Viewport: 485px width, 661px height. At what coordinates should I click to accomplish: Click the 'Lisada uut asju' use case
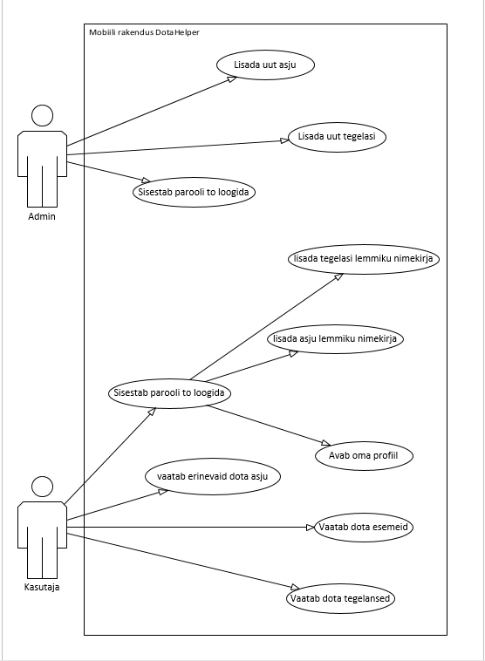click(265, 65)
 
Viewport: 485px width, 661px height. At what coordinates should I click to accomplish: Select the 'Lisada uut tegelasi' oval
click(337, 137)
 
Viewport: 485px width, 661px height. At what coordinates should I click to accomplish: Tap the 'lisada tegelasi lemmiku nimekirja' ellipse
click(364, 259)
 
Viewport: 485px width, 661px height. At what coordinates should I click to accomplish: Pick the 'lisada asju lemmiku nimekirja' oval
click(335, 339)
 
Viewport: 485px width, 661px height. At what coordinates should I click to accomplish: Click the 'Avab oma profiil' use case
click(364, 456)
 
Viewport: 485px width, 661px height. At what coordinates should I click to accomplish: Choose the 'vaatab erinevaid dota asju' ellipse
click(213, 477)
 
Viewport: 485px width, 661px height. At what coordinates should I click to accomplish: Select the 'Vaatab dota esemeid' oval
click(364, 527)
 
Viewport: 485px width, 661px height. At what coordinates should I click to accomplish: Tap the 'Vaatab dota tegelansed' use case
click(340, 598)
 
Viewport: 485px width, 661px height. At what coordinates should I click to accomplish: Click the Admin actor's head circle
click(42, 115)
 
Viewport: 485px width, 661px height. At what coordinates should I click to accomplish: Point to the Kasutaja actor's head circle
click(42, 487)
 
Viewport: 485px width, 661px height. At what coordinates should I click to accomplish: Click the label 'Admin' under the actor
click(42, 216)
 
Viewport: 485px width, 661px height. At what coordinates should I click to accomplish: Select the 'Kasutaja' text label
click(42, 587)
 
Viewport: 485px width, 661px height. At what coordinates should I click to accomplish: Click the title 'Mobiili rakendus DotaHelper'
click(144, 32)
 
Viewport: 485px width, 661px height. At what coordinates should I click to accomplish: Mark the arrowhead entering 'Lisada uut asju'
click(232, 78)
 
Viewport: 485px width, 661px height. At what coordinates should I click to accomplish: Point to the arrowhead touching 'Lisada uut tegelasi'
click(284, 140)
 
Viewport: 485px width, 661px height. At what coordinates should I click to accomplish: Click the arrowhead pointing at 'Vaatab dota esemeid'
click(311, 527)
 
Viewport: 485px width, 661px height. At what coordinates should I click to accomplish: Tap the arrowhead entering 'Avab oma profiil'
click(326, 443)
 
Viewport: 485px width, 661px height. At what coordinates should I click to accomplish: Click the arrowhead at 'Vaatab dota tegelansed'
click(295, 587)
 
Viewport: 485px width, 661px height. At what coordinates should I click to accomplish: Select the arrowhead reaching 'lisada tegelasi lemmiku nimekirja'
click(338, 276)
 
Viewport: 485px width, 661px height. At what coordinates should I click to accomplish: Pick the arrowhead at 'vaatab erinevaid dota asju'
click(163, 492)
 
